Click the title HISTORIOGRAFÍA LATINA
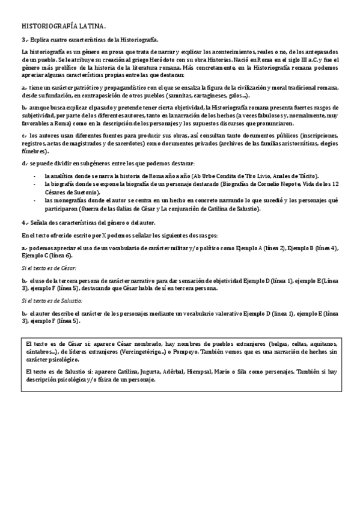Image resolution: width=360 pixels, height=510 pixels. (64, 27)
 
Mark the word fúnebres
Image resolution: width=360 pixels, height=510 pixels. (35, 153)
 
